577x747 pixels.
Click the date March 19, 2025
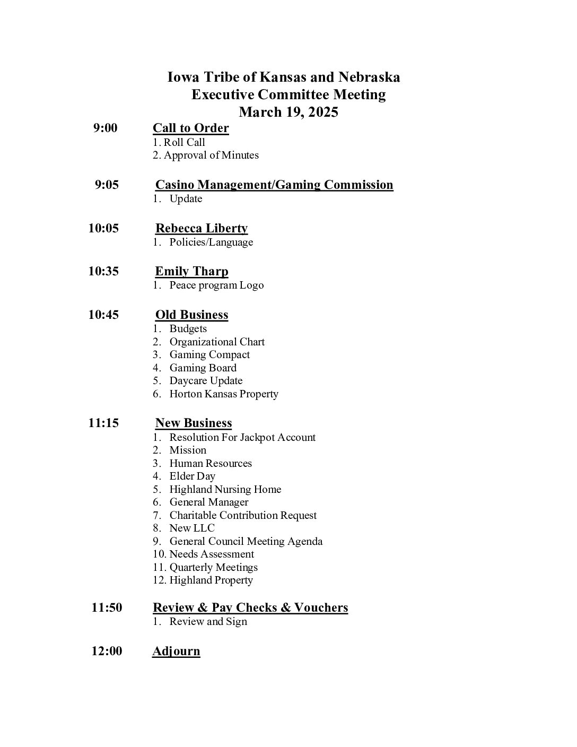pyautogui.click(x=288, y=112)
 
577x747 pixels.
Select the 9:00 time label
pyautogui.click(x=105, y=128)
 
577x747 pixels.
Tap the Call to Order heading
pyautogui.click(x=190, y=128)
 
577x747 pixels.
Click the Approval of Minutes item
pyautogui.click(x=211, y=155)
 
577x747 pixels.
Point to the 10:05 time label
pyautogui.click(x=103, y=228)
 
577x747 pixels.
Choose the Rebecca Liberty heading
pyautogui.click(x=201, y=228)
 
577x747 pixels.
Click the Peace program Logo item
pyautogui.click(x=216, y=285)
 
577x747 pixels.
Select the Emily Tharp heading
pyautogui.click(x=191, y=271)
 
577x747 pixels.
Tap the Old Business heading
pyautogui.click(x=191, y=315)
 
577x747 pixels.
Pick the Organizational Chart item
pyautogui.click(x=216, y=342)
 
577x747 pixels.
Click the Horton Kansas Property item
pyautogui.click(x=223, y=394)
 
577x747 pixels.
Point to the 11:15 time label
pyautogui.click(x=103, y=423)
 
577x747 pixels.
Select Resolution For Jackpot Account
pyautogui.click(x=242, y=437)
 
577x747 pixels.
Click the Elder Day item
pyautogui.click(x=192, y=476)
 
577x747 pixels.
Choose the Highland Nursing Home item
pyautogui.click(x=225, y=489)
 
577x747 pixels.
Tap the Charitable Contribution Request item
pyautogui.click(x=242, y=515)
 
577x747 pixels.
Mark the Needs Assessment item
pyautogui.click(x=211, y=554)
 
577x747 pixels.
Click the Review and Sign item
pyautogui.click(x=208, y=621)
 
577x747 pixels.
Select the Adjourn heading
pyautogui.click(x=176, y=651)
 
